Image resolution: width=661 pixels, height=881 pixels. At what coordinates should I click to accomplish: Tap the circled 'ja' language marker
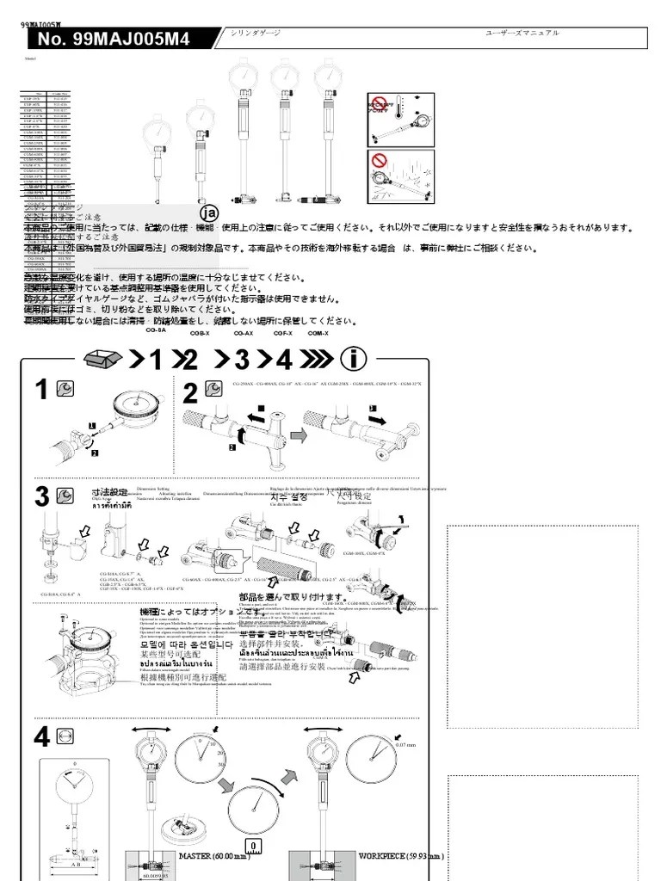(x=208, y=213)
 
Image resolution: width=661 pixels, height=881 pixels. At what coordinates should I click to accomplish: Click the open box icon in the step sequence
(x=104, y=358)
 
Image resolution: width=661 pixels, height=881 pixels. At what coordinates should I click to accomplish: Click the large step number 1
(x=41, y=391)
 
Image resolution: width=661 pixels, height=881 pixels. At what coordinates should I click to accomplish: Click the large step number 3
(x=41, y=496)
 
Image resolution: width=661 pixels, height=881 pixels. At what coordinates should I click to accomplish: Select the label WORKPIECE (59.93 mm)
(x=401, y=856)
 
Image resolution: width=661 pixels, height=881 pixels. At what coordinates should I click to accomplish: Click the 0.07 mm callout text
(x=406, y=745)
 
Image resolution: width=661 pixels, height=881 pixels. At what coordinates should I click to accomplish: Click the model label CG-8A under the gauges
(x=156, y=330)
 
